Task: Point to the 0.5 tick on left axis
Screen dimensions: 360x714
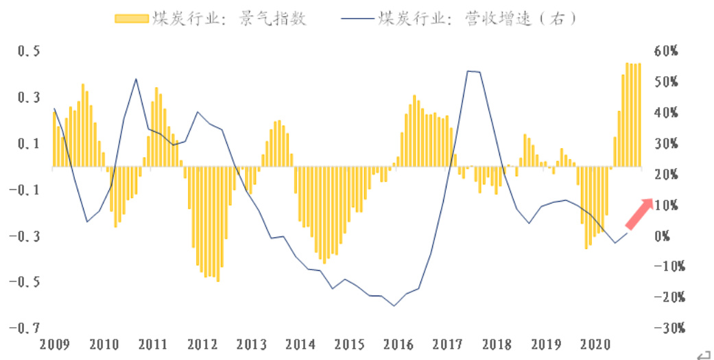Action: (27, 52)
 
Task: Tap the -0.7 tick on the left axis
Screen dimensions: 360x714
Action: (24, 328)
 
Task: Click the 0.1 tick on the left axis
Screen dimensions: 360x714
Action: (27, 144)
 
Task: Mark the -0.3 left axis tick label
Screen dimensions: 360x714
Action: (24, 237)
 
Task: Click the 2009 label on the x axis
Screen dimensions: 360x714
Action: (55, 343)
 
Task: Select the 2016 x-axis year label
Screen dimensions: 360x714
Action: (398, 343)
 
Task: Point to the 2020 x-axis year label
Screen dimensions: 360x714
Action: (595, 343)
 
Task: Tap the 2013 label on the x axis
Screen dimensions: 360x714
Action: (251, 343)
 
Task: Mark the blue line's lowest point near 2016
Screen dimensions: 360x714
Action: (394, 306)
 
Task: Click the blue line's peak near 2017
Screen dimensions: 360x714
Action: (468, 71)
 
